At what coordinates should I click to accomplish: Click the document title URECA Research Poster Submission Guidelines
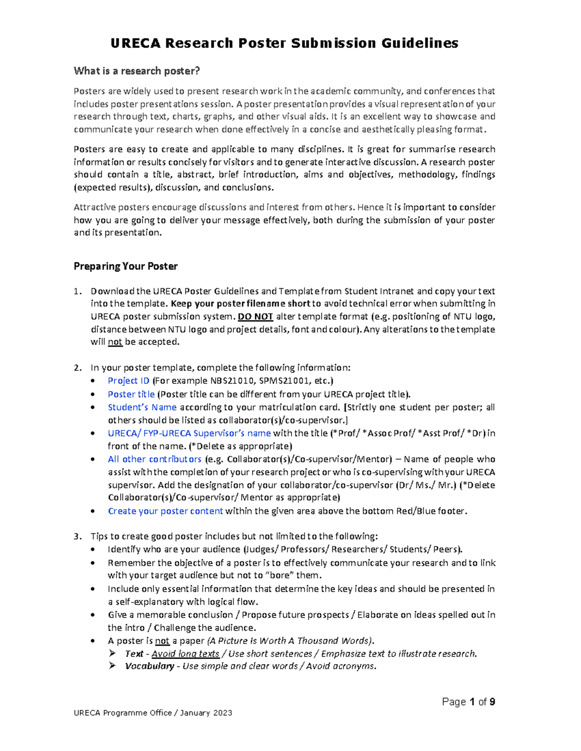(x=284, y=44)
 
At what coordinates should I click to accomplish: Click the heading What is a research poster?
(x=137, y=71)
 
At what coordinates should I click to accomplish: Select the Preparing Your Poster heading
(x=125, y=266)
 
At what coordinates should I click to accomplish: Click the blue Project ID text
(x=128, y=381)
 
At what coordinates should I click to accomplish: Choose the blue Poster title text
(x=131, y=395)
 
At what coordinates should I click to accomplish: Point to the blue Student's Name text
(x=142, y=408)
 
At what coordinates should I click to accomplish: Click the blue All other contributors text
(x=154, y=459)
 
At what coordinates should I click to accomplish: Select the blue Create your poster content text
(x=165, y=511)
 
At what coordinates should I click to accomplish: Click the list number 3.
(x=77, y=536)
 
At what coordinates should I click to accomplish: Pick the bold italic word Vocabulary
(x=149, y=666)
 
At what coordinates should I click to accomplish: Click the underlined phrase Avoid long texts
(x=185, y=654)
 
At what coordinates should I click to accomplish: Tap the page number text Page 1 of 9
(x=468, y=702)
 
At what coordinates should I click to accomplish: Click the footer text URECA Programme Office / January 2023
(x=153, y=713)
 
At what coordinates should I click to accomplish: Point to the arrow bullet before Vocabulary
(x=112, y=666)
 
